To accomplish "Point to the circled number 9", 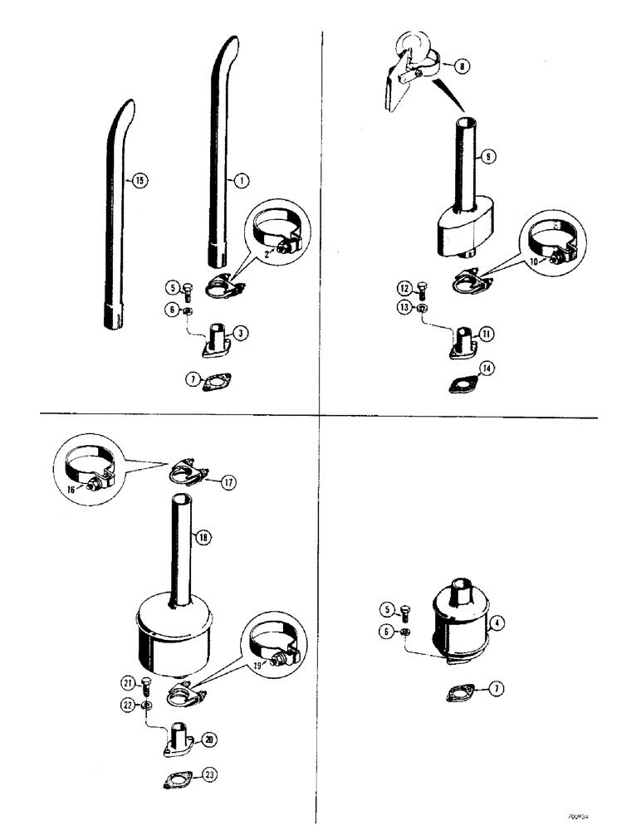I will (x=487, y=155).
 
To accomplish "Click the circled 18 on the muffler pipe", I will (x=202, y=537).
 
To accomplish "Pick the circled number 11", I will (x=487, y=334).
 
